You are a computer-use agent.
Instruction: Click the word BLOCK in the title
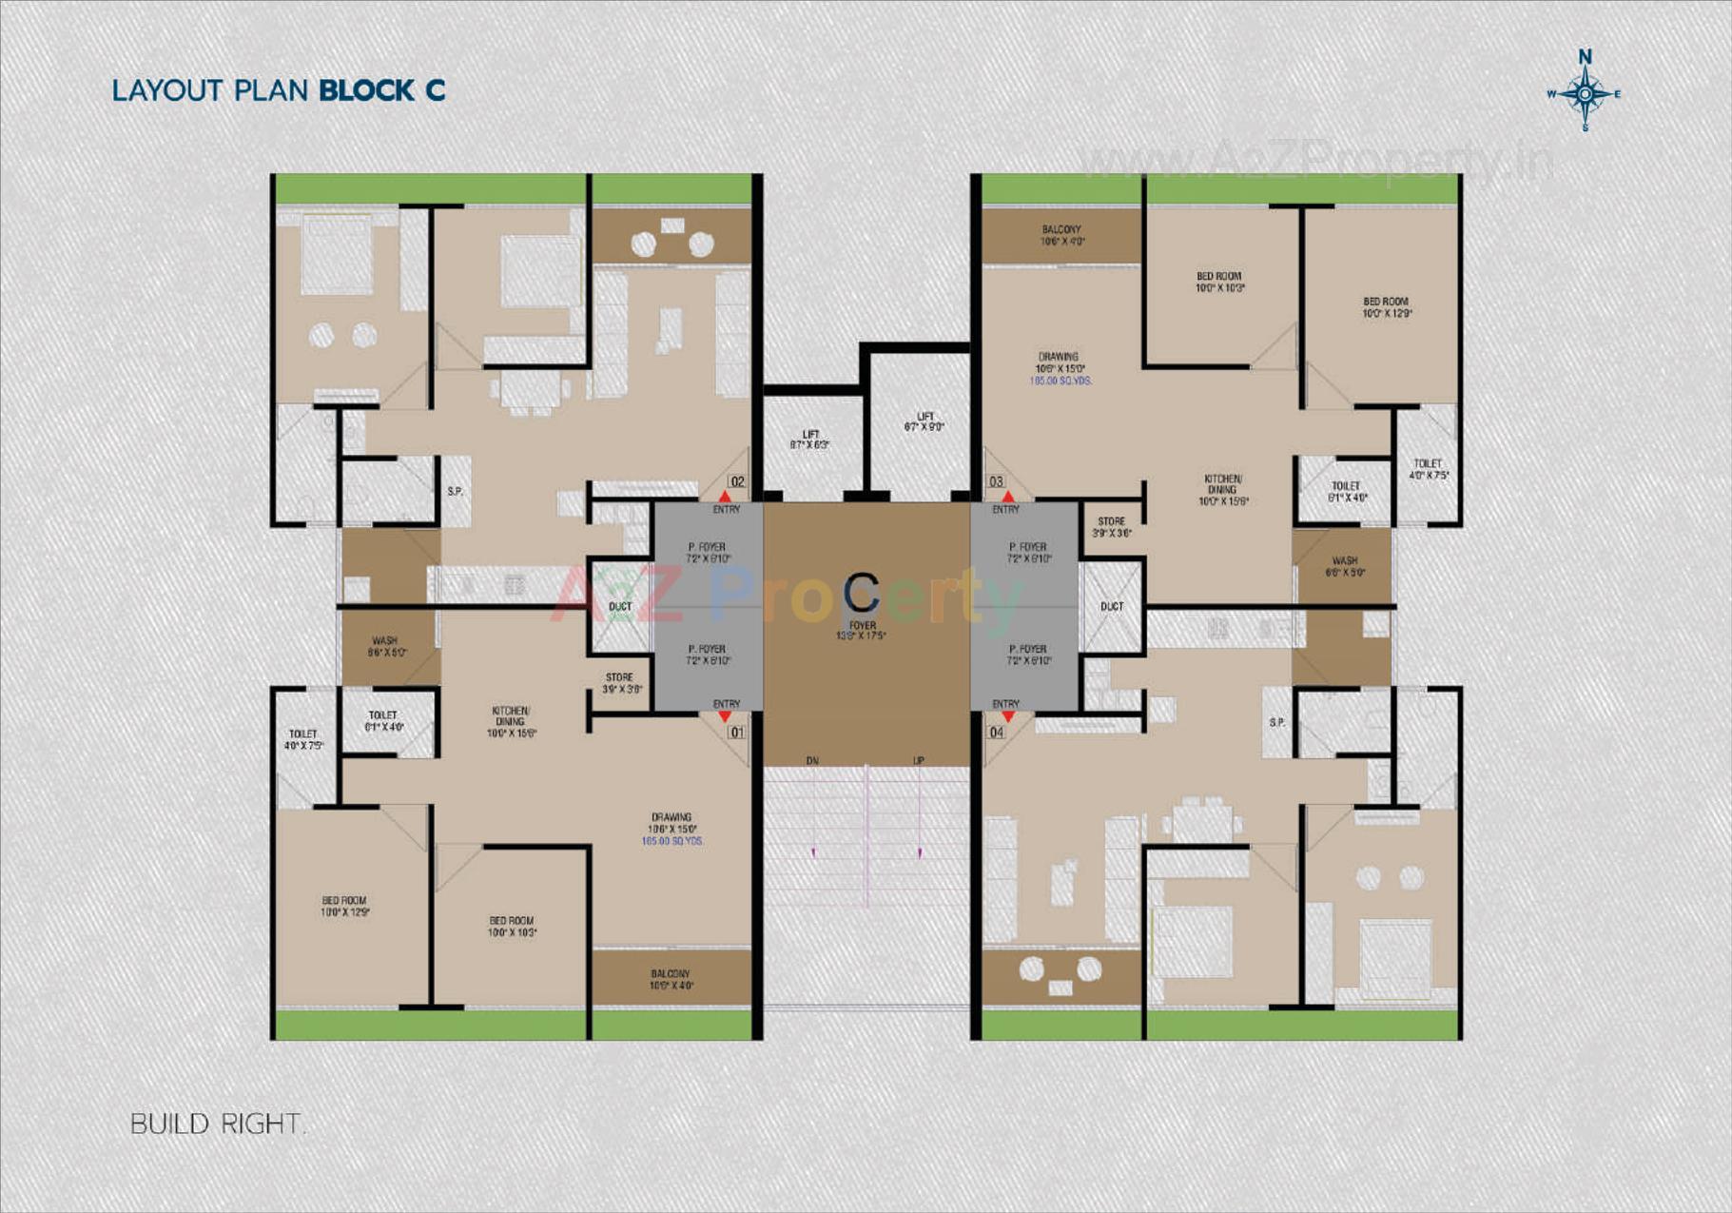coord(366,90)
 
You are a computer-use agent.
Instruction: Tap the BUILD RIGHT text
coord(217,1124)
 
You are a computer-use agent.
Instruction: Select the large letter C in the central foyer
coord(862,593)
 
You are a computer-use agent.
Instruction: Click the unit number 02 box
coord(737,481)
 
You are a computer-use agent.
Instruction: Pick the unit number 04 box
coord(996,732)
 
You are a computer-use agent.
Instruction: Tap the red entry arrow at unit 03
coord(1008,497)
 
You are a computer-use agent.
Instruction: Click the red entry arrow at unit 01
coord(725,716)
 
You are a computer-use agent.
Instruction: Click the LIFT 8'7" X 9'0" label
coord(924,421)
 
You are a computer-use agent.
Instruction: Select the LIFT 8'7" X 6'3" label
coord(809,440)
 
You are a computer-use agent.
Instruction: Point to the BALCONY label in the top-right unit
coord(1061,235)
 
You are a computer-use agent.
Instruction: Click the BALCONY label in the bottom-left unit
coord(671,979)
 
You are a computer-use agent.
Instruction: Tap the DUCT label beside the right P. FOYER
coord(1112,606)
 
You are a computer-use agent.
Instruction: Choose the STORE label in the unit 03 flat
coord(1111,527)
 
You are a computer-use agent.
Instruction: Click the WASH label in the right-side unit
coord(1345,566)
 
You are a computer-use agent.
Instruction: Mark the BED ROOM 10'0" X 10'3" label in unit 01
coord(512,926)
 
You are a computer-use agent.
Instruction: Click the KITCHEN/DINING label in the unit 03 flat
coord(1223,489)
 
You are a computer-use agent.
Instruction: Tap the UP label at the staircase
coord(919,760)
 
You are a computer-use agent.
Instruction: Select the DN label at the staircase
coord(812,760)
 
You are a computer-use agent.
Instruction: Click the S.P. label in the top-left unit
coord(455,491)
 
